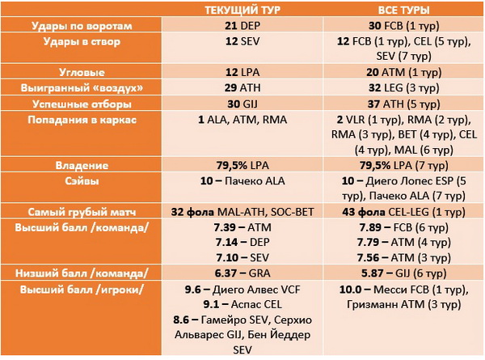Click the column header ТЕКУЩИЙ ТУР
[x=242, y=11]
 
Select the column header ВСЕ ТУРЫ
[x=403, y=11]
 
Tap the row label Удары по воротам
[x=82, y=26]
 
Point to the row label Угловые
[x=82, y=73]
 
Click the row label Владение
[x=82, y=166]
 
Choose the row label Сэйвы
[x=82, y=180]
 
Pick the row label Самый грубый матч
[x=82, y=212]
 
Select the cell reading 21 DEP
[x=242, y=26]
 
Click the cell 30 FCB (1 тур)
[x=403, y=26]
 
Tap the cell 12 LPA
[x=242, y=73]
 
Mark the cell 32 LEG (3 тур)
[x=403, y=88]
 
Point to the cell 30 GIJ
[x=242, y=104]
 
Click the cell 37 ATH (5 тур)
[x=403, y=104]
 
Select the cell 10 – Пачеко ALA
[x=242, y=180]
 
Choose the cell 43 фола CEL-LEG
[x=403, y=212]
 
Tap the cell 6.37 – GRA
[x=242, y=273]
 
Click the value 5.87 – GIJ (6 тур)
[x=403, y=273]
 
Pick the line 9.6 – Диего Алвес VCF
[x=242, y=290]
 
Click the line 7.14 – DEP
[x=242, y=242]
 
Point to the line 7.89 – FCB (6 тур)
[x=403, y=227]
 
